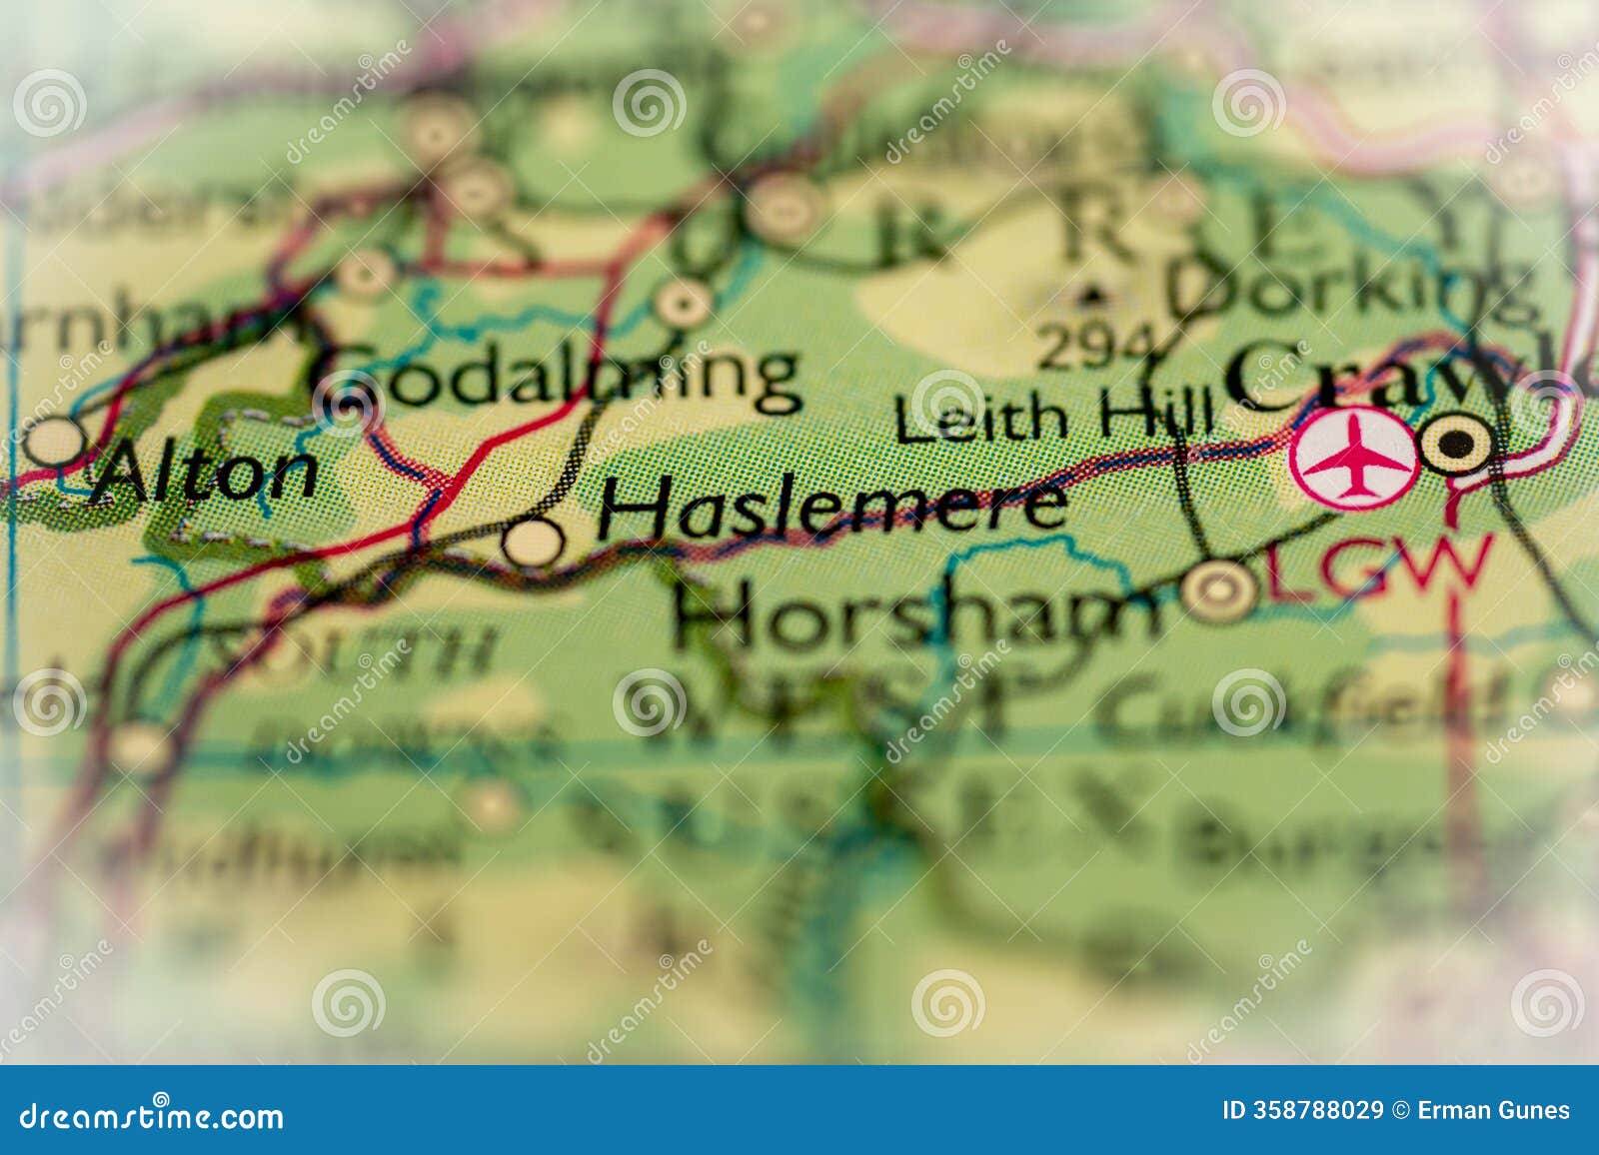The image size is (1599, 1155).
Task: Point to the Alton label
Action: click(x=204, y=474)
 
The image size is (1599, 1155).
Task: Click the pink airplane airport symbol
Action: click(x=1354, y=459)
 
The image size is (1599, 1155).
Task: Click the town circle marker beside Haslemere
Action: click(x=533, y=543)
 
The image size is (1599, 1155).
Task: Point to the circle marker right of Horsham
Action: click(x=1219, y=589)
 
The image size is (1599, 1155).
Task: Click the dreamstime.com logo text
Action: click(x=152, y=1115)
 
